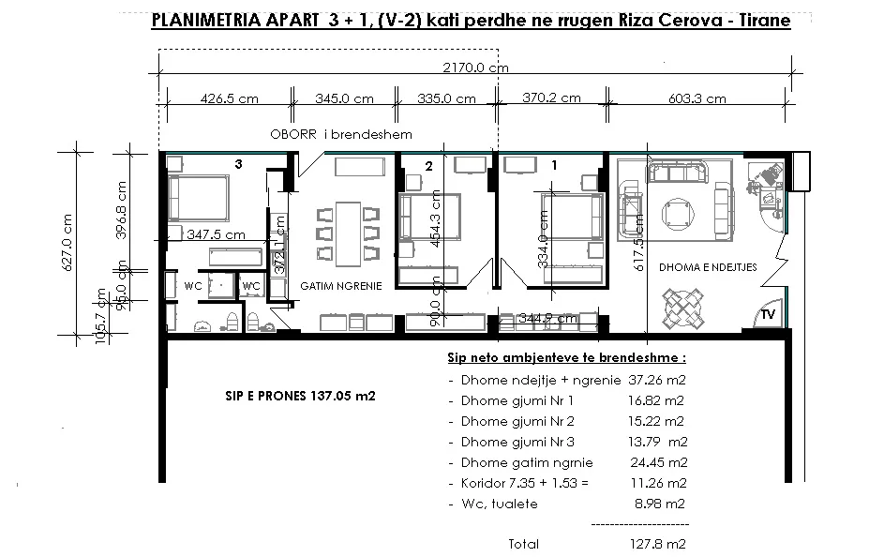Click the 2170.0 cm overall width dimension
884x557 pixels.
(476, 68)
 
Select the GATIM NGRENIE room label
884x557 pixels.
(340, 284)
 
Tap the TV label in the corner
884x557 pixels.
(767, 313)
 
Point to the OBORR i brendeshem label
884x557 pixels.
(341, 135)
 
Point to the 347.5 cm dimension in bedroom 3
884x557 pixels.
(216, 234)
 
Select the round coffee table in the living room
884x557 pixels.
(677, 212)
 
